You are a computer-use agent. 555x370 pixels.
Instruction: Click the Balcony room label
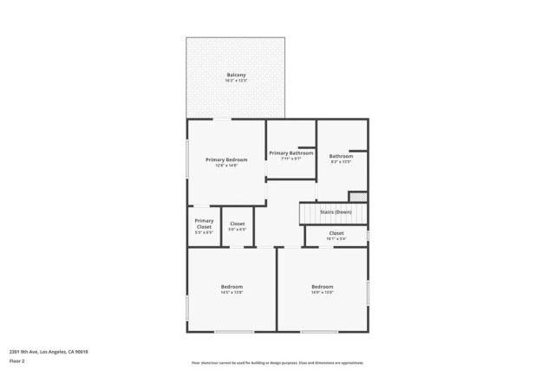pos(236,75)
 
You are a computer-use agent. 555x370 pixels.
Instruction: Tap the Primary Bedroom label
pos(226,159)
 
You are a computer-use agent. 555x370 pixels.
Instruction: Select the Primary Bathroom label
pos(291,153)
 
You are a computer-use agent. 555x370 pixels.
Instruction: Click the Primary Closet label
pos(204,224)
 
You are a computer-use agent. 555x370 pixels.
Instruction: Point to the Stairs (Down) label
pos(336,212)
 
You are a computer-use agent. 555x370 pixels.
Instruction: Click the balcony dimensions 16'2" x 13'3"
pos(236,81)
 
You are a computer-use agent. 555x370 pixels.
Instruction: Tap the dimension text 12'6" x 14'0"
pos(226,166)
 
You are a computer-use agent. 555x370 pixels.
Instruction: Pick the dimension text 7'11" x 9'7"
pos(291,159)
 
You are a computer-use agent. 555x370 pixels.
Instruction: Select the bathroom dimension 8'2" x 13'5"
pos(341,162)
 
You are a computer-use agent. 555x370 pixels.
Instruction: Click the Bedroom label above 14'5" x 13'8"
pos(232,286)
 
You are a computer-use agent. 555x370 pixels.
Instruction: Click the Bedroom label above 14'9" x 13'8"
pos(323,286)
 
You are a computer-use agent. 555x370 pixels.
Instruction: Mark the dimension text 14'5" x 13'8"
pos(232,292)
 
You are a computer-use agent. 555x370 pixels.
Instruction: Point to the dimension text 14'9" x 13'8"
pos(323,292)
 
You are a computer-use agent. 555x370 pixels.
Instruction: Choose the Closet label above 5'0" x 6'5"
pos(237,224)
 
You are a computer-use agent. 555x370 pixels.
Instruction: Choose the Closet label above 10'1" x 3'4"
pos(336,232)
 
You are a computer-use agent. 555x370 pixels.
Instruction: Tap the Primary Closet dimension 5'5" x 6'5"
pos(204,233)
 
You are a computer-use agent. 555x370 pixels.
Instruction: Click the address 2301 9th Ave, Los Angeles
pos(49,351)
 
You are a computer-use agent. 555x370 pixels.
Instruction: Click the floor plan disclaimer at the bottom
pos(277,363)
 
